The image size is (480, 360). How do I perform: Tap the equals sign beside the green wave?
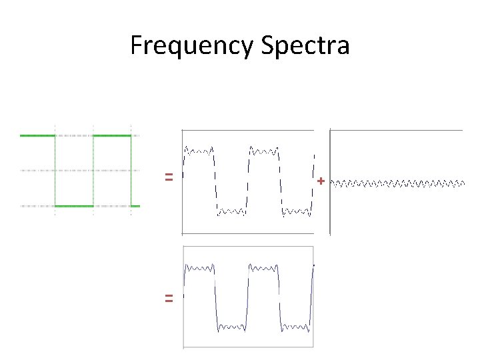coord(169,177)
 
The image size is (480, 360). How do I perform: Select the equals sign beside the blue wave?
coord(169,299)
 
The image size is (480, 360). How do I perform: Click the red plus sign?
coord(321,181)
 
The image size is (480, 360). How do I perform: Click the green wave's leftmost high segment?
coord(37,135)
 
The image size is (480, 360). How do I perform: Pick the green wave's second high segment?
coord(112,135)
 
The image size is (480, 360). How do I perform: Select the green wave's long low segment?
coord(74,206)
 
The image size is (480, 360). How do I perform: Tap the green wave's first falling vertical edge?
coord(55,171)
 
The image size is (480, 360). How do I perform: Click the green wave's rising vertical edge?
coord(93,171)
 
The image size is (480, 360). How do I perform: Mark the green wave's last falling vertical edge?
coord(131,171)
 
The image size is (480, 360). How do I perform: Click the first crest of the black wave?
coord(199,151)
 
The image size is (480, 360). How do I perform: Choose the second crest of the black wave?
coord(264,151)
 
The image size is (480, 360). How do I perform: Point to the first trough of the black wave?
coord(231,212)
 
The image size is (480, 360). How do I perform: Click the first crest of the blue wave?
coord(199,268)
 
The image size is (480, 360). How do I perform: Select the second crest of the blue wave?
coord(264,268)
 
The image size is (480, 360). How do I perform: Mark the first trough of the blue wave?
coord(231,327)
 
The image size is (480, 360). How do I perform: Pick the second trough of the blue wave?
coord(296,327)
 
